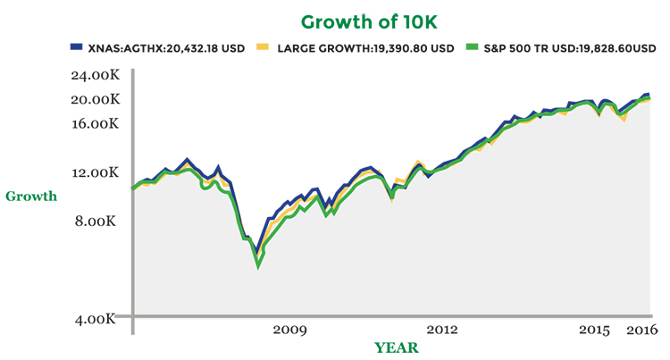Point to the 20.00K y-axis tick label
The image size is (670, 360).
[x=94, y=99]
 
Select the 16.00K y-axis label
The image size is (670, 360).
[x=94, y=123]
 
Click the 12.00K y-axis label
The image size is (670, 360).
[x=94, y=172]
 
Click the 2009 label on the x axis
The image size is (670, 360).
[x=289, y=331]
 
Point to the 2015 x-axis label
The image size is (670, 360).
[x=594, y=331]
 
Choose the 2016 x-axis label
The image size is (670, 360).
[x=640, y=331]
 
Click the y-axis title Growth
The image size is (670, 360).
[x=31, y=196]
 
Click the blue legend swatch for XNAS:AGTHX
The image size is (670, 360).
[x=77, y=47]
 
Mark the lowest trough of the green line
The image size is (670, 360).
[x=258, y=265]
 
